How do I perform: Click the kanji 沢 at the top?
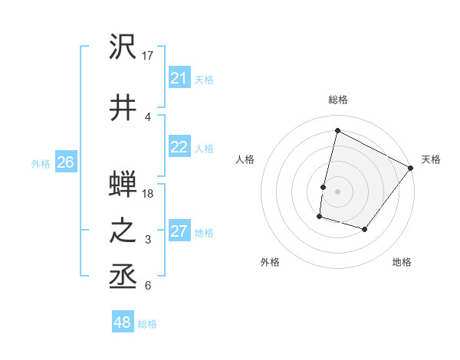pos(123,48)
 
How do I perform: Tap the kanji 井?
pos(123,107)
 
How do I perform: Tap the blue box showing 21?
pos(179,78)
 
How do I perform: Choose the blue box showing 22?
pos(179,148)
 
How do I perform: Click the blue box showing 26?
pos(66,162)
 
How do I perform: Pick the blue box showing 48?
pos(123,322)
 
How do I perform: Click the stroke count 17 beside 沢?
pos(149,55)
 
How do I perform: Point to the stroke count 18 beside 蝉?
pos(149,194)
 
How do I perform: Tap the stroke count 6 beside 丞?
pos(148,286)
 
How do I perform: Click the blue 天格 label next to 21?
pos(204,79)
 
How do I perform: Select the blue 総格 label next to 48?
pos(147,324)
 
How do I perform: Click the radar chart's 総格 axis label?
pos(338,100)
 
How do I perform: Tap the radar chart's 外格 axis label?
pos(270,262)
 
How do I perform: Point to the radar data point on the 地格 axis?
pos(365,229)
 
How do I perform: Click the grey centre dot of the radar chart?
pos(338,191)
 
